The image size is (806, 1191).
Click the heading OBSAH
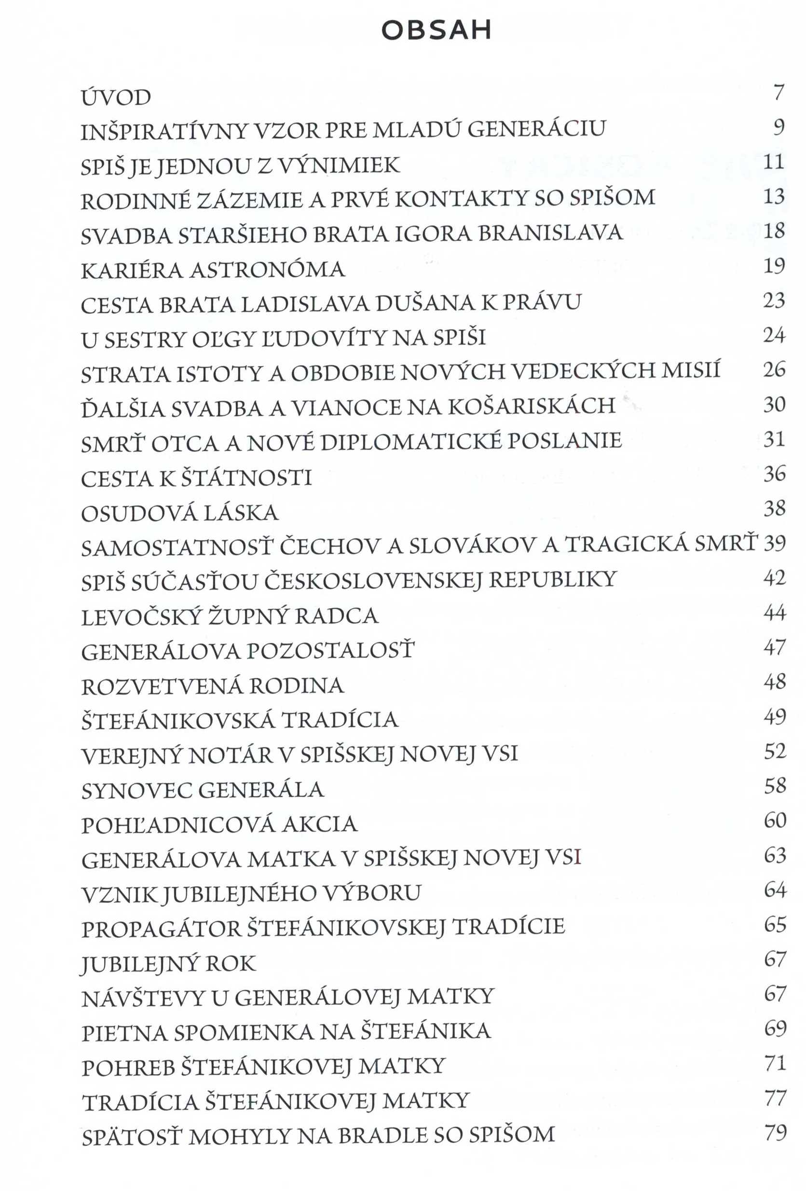tap(436, 31)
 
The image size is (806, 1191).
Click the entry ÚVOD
tap(116, 97)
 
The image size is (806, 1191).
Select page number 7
tap(779, 92)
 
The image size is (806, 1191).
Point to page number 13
tap(774, 196)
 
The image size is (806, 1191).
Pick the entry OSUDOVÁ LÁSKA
tap(179, 513)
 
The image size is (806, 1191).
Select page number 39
tap(774, 543)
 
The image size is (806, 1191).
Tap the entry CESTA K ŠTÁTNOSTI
tap(196, 478)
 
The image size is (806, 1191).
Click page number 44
tap(774, 613)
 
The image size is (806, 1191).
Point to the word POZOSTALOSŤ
tap(331, 651)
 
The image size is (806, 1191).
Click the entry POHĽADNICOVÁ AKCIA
tap(219, 824)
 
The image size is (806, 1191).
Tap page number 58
tap(775, 786)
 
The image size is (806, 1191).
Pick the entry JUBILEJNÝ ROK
tap(168, 964)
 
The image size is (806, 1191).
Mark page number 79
tap(775, 1132)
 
